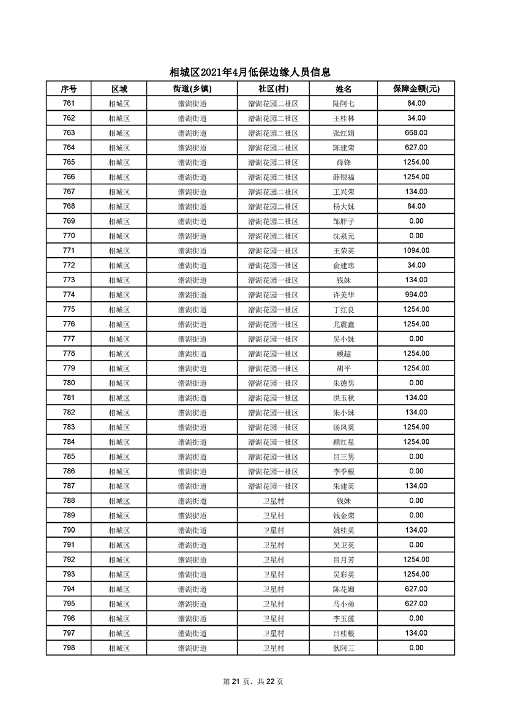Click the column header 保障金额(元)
tap(416, 89)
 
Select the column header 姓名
tap(344, 89)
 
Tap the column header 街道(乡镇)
tap(192, 89)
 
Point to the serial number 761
tap(69, 103)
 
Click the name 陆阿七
tap(344, 103)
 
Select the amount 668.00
tap(416, 133)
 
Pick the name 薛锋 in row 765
tap(344, 162)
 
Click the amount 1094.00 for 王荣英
tap(416, 250)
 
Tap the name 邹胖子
tap(344, 221)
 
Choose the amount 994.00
tap(416, 295)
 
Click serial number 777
tap(69, 339)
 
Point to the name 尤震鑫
tap(344, 324)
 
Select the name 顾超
tap(344, 353)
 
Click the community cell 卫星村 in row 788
tap(273, 501)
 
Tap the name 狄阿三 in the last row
tap(344, 648)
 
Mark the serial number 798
tap(69, 648)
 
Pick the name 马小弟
tap(344, 604)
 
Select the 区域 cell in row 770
tap(119, 236)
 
